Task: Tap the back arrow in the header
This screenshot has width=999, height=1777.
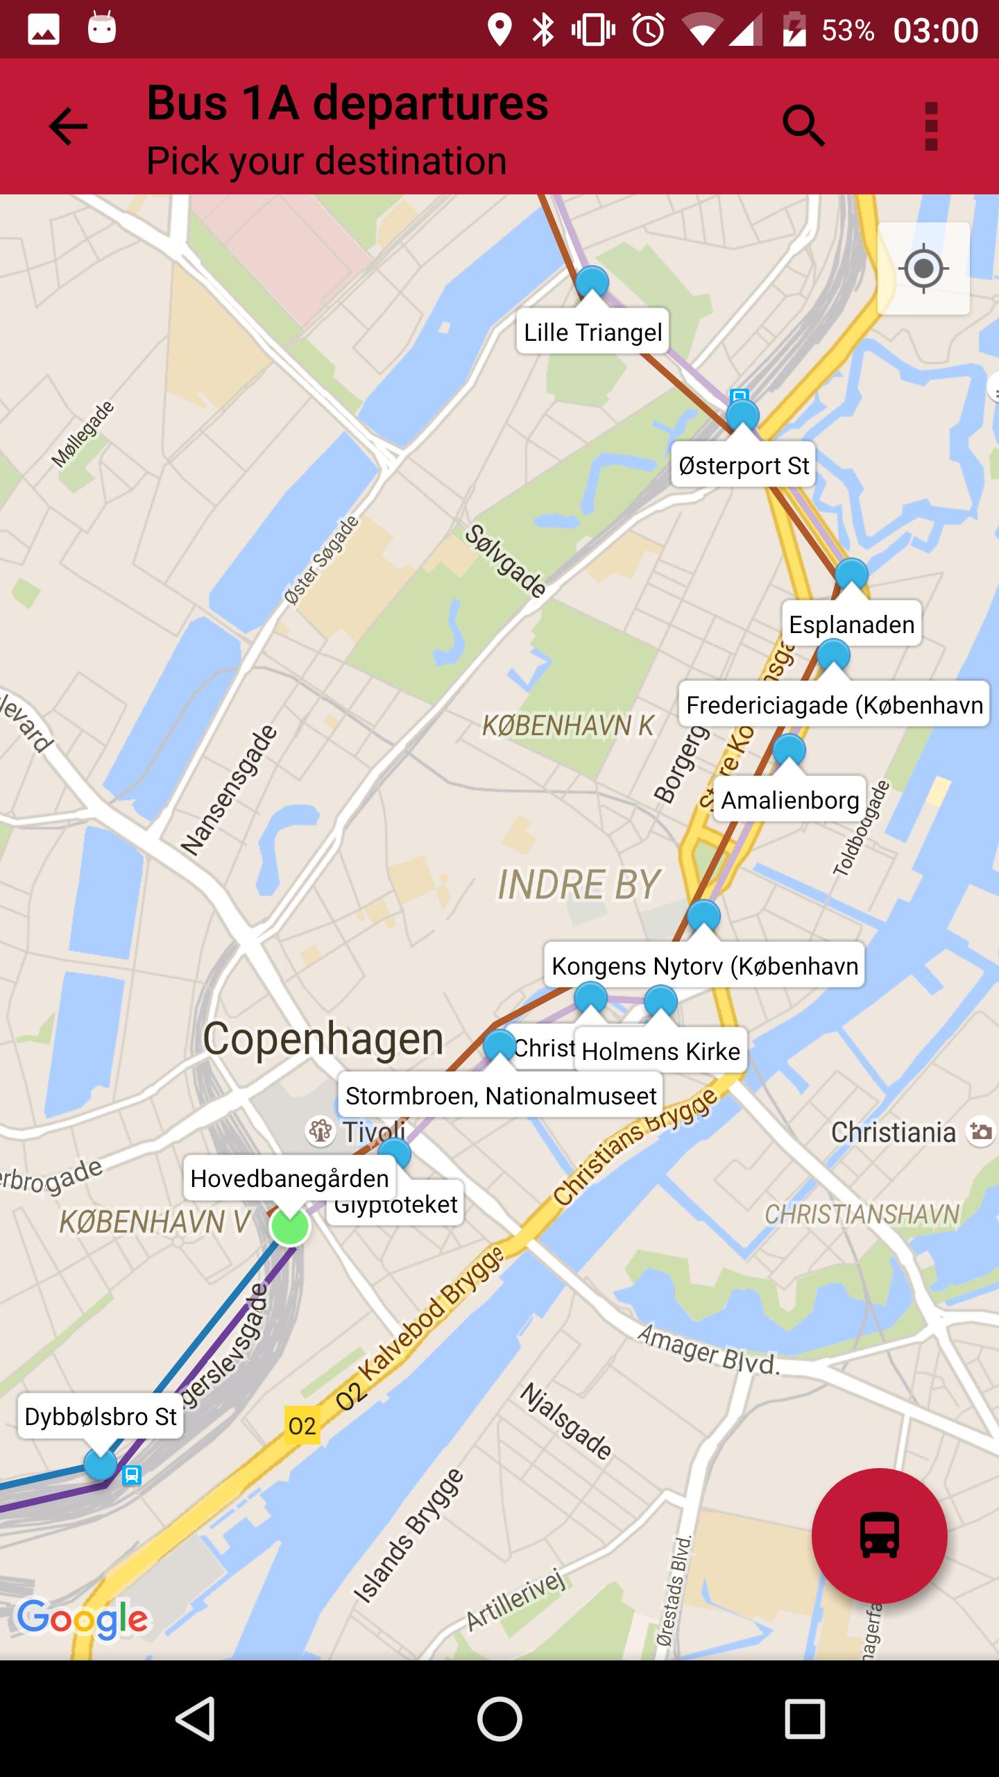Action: pyautogui.click(x=68, y=126)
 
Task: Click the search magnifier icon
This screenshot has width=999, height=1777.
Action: pyautogui.click(x=803, y=126)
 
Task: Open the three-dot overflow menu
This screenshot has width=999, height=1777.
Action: pyautogui.click(x=931, y=126)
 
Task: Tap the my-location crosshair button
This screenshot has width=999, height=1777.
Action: pyautogui.click(x=923, y=268)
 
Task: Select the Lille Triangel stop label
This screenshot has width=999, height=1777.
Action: pyautogui.click(x=592, y=332)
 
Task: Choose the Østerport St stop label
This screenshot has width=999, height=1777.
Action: pyautogui.click(x=744, y=465)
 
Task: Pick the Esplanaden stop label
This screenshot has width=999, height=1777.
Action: pyautogui.click(x=851, y=624)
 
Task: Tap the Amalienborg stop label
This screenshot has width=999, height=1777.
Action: pyautogui.click(x=790, y=800)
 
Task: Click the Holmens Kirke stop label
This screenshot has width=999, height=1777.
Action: pyautogui.click(x=660, y=1051)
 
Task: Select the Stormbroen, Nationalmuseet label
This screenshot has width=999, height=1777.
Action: pyautogui.click(x=500, y=1095)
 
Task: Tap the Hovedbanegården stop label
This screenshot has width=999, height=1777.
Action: pyautogui.click(x=289, y=1178)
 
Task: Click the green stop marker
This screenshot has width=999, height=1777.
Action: pyautogui.click(x=290, y=1227)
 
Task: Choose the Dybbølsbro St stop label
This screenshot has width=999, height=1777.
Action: pyautogui.click(x=101, y=1416)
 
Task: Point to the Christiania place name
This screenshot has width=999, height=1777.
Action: pyautogui.click(x=893, y=1132)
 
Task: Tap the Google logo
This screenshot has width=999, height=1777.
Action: pyautogui.click(x=83, y=1619)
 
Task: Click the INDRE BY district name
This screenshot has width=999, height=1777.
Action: pyautogui.click(x=579, y=884)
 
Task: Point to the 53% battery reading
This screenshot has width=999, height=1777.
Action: pyautogui.click(x=847, y=31)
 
